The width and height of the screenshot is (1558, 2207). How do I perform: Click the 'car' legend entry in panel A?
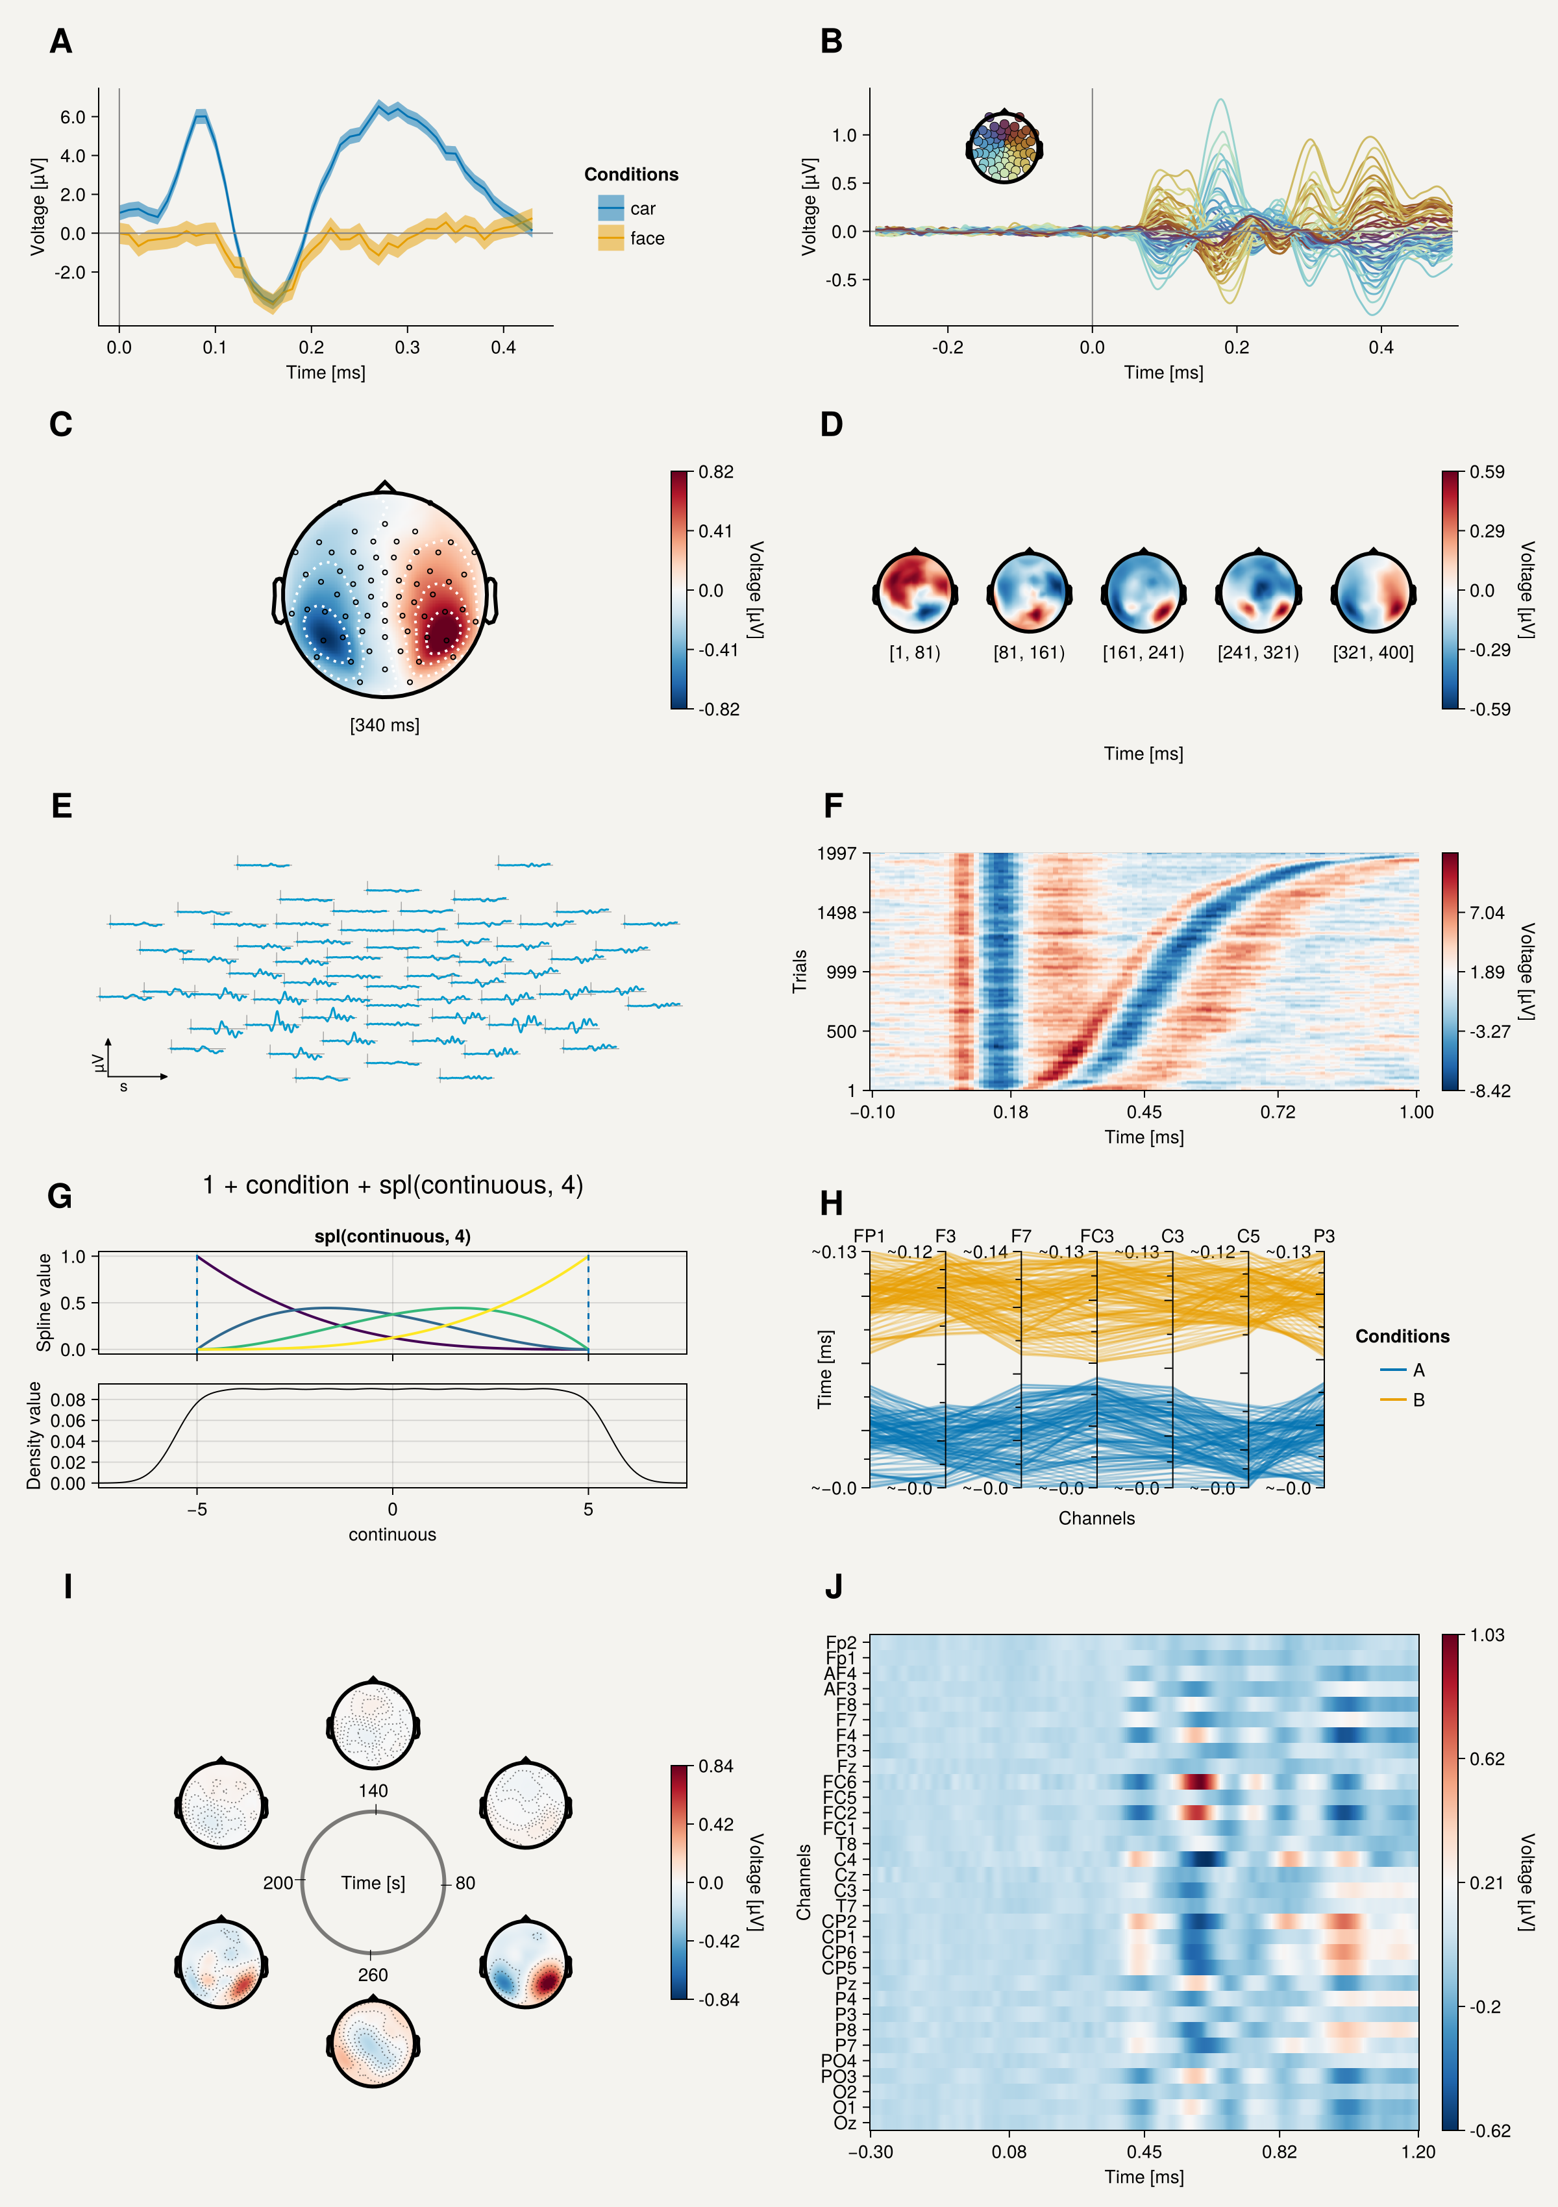pyautogui.click(x=626, y=208)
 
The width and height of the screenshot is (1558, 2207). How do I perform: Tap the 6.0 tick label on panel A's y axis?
pyautogui.click(x=73, y=117)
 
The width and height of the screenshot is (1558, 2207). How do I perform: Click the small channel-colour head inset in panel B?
pyautogui.click(x=1004, y=147)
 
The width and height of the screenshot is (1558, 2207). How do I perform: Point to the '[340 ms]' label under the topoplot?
pyautogui.click(x=384, y=725)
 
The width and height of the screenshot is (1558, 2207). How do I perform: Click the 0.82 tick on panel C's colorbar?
pyautogui.click(x=716, y=472)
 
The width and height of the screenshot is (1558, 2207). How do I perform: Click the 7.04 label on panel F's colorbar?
pyautogui.click(x=1487, y=912)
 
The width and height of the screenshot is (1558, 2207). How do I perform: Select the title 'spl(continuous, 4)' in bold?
pyautogui.click(x=392, y=1236)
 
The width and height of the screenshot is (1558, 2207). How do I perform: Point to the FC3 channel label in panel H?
pyautogui.click(x=1096, y=1236)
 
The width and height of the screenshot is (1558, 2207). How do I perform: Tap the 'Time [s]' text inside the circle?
pyautogui.click(x=373, y=1883)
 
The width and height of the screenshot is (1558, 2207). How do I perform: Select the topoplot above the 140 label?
pyautogui.click(x=373, y=1725)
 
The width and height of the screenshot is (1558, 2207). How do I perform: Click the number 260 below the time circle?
pyautogui.click(x=373, y=1975)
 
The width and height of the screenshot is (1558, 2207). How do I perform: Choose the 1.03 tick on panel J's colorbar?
pyautogui.click(x=1487, y=1635)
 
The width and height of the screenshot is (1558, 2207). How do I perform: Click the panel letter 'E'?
pyautogui.click(x=62, y=806)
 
